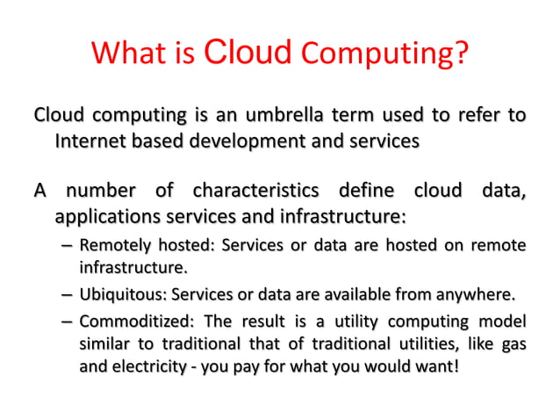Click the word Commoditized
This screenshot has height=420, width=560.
pos(128,322)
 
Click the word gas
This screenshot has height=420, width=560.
pos(513,344)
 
